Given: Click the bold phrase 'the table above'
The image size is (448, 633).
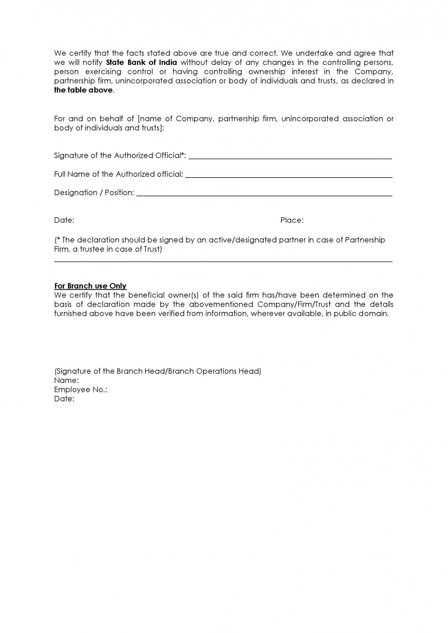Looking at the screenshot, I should (x=83, y=90).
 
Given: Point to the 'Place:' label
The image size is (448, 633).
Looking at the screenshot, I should (x=292, y=220).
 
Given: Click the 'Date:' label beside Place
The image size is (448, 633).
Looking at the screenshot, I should (x=64, y=220).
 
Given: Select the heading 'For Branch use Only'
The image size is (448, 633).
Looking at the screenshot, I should (x=90, y=286).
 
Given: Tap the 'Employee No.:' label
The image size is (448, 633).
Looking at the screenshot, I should (x=81, y=389).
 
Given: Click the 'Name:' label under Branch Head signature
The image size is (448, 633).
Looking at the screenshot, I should (x=66, y=380).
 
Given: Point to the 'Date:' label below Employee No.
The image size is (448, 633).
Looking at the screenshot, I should (x=64, y=399).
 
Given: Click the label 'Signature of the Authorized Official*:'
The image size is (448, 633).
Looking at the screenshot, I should (x=120, y=156).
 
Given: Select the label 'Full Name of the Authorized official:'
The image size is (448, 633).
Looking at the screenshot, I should (x=119, y=174).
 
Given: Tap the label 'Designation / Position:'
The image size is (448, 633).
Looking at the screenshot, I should (x=94, y=193).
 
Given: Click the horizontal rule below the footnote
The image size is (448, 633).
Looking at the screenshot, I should (x=223, y=261).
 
